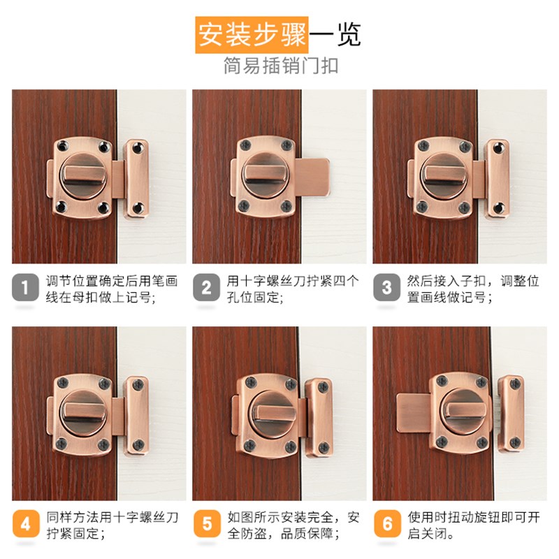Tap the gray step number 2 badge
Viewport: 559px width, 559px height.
[x=206, y=287]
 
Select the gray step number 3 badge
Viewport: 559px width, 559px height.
[x=387, y=287]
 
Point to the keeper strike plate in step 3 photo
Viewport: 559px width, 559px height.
[x=498, y=177]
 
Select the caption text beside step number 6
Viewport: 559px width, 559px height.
[x=473, y=525]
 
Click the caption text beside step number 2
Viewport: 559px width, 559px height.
[x=292, y=289]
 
